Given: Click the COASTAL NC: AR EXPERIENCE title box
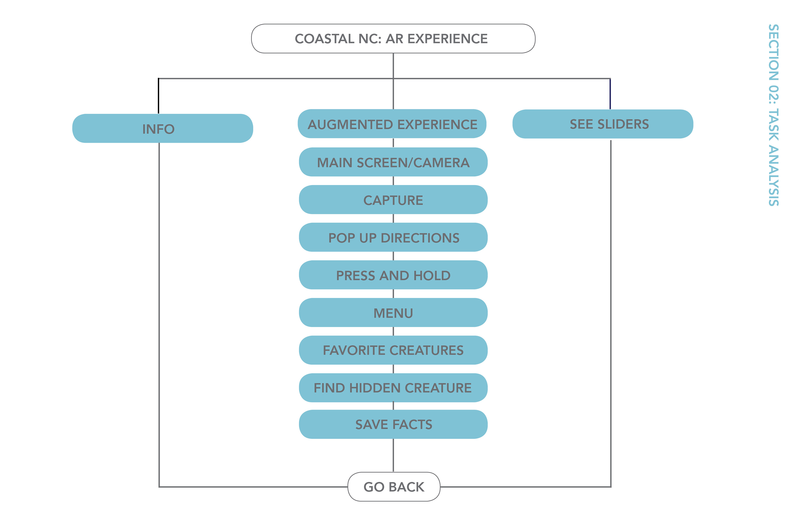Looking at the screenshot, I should click(393, 39).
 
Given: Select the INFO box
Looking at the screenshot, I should click(162, 129).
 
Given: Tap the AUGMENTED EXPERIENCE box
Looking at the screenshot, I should click(392, 124).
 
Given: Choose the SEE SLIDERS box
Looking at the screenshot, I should click(603, 124).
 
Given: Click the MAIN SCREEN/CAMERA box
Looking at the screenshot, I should click(393, 162).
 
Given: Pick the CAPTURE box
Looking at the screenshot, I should click(393, 200).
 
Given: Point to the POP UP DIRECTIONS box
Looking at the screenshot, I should click(393, 238).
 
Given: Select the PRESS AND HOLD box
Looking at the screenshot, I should click(393, 275).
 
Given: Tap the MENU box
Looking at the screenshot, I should click(393, 313).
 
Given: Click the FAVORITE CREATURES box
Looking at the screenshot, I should click(393, 350).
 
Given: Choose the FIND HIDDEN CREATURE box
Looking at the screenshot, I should click(393, 388).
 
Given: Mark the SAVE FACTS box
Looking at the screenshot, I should click(393, 424).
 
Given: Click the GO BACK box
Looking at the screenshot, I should click(394, 487).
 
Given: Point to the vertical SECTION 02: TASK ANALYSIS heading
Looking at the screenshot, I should click(773, 115).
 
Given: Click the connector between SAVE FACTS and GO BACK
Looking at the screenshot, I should click(393, 455).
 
